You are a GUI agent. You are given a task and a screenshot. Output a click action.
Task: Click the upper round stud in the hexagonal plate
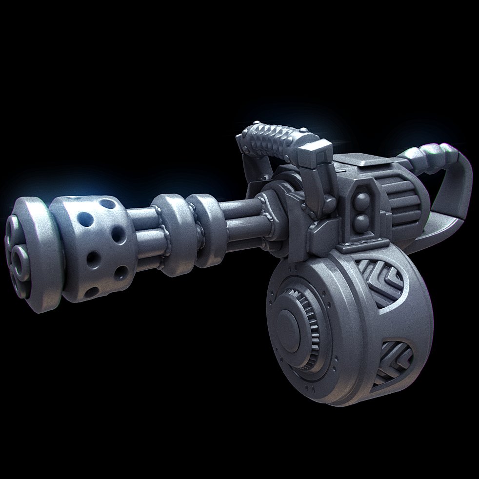(362, 200)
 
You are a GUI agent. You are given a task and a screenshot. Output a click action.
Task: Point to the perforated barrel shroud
(93, 244)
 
